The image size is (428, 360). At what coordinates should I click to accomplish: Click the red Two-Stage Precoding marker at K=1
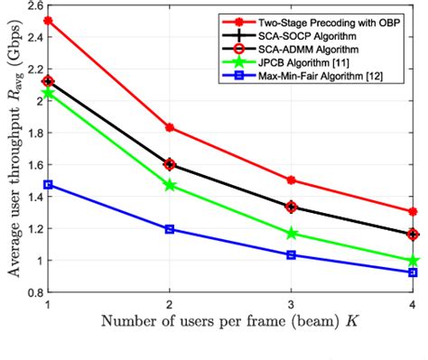click(x=48, y=20)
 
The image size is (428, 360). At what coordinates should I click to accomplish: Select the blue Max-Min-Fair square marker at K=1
click(x=48, y=184)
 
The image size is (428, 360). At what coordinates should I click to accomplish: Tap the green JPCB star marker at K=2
click(x=170, y=185)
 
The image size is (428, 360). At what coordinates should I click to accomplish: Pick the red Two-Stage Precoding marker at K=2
click(x=170, y=127)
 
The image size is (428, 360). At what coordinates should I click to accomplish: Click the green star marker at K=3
click(x=291, y=234)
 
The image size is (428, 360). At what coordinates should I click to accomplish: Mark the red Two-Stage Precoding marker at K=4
click(x=413, y=211)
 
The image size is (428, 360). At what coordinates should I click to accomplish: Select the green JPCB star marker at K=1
click(x=48, y=93)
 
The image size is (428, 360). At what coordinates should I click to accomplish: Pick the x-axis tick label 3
click(x=291, y=305)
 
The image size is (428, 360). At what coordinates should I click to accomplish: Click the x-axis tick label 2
click(x=170, y=305)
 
